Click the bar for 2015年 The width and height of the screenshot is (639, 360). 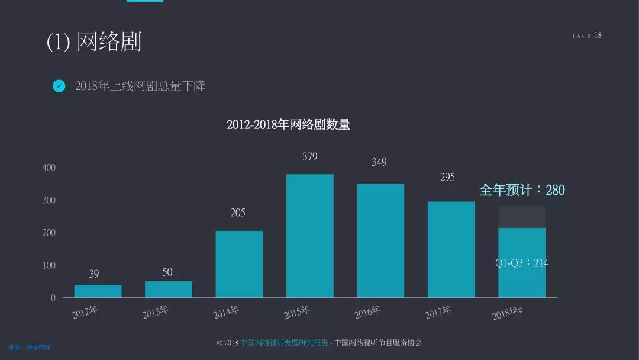click(309, 236)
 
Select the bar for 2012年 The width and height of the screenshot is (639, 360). click(98, 291)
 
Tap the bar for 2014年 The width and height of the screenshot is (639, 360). click(239, 264)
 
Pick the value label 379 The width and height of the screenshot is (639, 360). click(309, 157)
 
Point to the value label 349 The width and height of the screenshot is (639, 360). click(379, 162)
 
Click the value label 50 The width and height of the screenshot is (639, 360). click(167, 272)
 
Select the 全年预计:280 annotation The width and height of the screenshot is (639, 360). click(521, 190)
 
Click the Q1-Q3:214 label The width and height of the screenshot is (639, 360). click(521, 263)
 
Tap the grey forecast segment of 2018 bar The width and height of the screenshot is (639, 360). click(521, 217)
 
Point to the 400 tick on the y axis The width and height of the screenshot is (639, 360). click(49, 168)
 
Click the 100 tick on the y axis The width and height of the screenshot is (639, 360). click(49, 265)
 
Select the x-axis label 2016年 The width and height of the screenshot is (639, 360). click(368, 312)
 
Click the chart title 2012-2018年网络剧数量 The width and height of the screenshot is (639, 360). click(288, 125)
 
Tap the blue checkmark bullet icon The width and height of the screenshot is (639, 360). click(59, 86)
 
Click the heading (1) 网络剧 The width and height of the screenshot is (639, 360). click(94, 42)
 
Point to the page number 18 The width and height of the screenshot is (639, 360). click(598, 36)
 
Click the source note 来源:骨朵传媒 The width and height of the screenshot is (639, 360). click(30, 347)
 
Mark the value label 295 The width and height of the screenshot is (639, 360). click(447, 177)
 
